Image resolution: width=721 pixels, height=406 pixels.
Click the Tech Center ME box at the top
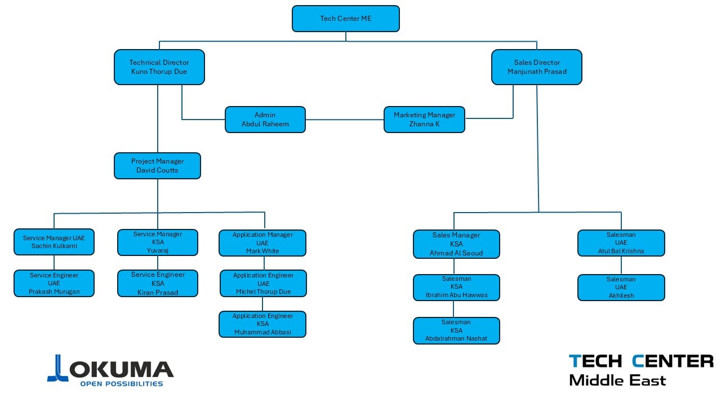(346, 19)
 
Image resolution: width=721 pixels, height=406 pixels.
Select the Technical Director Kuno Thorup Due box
(159, 67)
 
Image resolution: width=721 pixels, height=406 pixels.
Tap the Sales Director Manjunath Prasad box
(536, 67)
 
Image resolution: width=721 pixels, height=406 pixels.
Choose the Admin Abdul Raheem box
(265, 120)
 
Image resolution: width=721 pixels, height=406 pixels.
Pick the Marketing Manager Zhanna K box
(424, 120)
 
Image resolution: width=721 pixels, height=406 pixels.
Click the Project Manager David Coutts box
(157, 166)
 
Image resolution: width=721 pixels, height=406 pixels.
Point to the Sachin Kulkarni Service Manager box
(54, 242)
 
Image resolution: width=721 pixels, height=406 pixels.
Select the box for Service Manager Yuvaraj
(158, 242)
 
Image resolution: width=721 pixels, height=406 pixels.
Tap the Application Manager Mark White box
(262, 243)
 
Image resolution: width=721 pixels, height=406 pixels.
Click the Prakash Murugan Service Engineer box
(54, 284)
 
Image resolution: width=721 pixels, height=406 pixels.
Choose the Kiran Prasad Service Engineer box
(158, 283)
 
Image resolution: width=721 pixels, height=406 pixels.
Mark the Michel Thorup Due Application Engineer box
(263, 284)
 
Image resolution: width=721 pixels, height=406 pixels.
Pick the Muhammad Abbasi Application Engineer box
(262, 324)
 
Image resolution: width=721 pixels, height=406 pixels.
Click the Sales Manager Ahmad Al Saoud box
(456, 244)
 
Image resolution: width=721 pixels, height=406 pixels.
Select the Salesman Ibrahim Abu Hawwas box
(456, 288)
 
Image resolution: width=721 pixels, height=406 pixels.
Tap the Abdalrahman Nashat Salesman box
(456, 330)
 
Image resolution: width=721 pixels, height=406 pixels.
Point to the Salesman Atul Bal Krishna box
(621, 243)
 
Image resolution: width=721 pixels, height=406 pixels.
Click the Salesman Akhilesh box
(621, 288)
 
